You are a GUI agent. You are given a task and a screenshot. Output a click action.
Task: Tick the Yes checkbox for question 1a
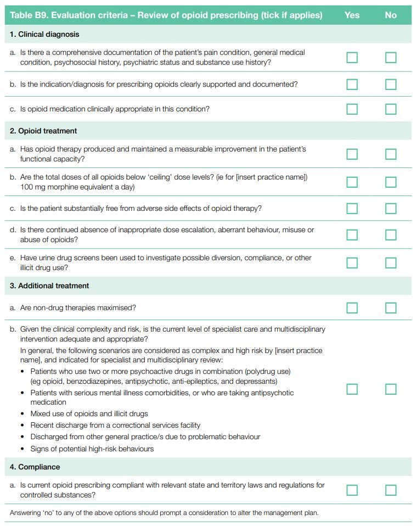click(x=352, y=58)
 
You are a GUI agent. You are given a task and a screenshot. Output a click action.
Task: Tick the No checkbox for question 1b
click(x=391, y=84)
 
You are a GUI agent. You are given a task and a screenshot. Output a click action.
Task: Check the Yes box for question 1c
click(x=352, y=109)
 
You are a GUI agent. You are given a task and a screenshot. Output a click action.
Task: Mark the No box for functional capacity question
click(x=391, y=154)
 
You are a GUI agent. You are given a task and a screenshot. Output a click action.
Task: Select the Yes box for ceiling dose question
click(x=352, y=182)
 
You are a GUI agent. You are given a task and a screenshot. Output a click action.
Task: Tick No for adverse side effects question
click(x=391, y=208)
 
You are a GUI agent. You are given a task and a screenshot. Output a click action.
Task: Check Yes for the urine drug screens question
click(x=352, y=262)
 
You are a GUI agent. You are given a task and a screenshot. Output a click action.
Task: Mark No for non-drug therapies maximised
click(x=391, y=307)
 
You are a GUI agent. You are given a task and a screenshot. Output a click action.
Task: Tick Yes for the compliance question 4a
click(x=352, y=490)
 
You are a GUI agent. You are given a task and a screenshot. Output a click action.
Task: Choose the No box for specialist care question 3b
click(x=391, y=389)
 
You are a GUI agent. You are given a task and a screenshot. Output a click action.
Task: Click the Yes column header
click(x=352, y=15)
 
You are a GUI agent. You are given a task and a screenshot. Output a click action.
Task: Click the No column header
click(x=391, y=15)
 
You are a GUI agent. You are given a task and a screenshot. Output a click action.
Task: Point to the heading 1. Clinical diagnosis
click(x=44, y=34)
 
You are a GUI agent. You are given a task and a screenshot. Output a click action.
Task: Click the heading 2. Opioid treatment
click(x=43, y=131)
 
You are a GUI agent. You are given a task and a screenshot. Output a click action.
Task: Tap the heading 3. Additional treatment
click(x=49, y=286)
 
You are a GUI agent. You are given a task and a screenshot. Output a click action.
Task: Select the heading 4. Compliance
click(x=35, y=467)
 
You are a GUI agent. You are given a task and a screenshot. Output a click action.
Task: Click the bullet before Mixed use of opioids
click(x=22, y=413)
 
